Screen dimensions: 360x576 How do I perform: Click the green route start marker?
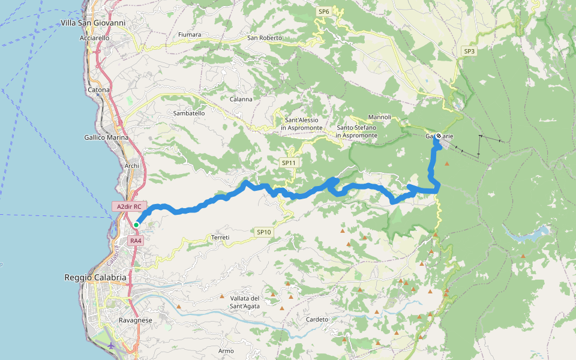point(136,225)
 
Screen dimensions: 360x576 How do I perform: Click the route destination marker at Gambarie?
point(439,136)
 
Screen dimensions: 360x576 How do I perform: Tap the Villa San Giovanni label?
point(93,23)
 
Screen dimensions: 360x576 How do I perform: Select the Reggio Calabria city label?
point(95,278)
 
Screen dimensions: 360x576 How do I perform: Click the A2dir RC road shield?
point(129,206)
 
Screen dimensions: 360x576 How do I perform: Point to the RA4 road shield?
point(136,241)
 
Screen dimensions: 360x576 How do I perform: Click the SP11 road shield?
point(289,163)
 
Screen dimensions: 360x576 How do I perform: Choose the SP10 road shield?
point(264,232)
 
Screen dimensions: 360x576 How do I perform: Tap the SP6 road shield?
point(324,11)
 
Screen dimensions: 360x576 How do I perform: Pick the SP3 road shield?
point(469,52)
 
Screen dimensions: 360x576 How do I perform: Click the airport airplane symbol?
point(112,346)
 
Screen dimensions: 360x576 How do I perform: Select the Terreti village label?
point(220,238)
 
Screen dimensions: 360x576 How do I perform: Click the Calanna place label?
point(241,99)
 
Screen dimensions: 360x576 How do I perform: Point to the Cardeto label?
point(317,319)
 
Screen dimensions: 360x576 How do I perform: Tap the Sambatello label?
point(189,113)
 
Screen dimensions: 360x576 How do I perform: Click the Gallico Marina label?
point(106,137)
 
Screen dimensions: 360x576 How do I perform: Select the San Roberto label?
point(265,38)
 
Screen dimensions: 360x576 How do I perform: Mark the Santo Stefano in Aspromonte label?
point(357,131)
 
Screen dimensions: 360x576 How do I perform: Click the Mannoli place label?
point(380,117)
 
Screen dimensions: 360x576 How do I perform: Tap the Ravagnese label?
point(135,320)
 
